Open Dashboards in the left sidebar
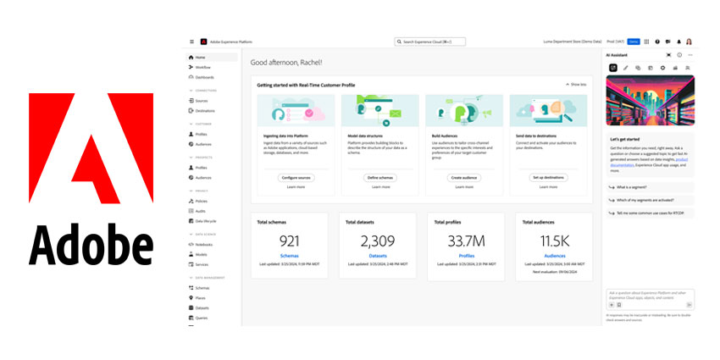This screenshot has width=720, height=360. click(x=204, y=77)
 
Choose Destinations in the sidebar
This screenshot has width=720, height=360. click(x=205, y=110)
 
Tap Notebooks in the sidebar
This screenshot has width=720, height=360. click(x=204, y=244)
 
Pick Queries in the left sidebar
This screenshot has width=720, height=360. click(x=202, y=318)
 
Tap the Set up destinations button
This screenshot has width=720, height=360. click(x=549, y=177)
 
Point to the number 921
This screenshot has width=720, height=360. click(x=290, y=241)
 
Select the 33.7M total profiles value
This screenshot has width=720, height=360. click(x=467, y=241)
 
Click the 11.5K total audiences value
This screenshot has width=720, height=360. click(x=555, y=241)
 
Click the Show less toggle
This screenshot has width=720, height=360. click(x=576, y=85)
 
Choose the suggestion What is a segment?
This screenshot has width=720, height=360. click(x=634, y=187)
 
